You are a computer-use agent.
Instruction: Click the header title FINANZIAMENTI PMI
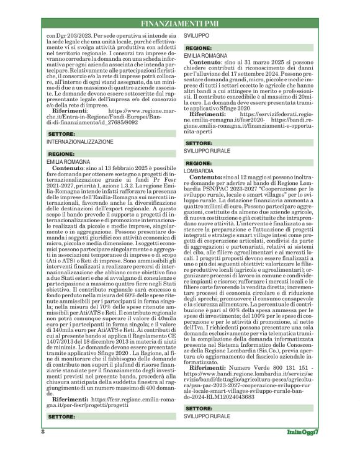(179, 24)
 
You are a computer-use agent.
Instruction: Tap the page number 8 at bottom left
(42, 449)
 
